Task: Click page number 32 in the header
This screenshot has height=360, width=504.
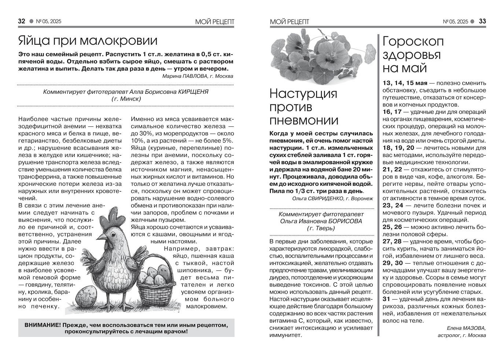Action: click(22, 21)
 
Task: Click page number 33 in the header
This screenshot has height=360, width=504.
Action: click(482, 21)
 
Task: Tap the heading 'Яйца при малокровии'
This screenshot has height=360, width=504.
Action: click(88, 41)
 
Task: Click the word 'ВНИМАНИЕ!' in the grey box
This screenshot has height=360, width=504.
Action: click(43, 325)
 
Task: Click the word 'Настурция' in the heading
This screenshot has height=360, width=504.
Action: click(303, 94)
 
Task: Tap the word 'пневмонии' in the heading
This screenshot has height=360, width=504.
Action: click(304, 120)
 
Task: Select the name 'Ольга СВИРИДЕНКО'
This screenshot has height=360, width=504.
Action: click(317, 198)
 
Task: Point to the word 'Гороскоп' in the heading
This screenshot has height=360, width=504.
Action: click(413, 41)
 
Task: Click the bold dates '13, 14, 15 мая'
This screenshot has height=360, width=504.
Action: click(405, 83)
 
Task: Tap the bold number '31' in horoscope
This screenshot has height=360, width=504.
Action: click(386, 299)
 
